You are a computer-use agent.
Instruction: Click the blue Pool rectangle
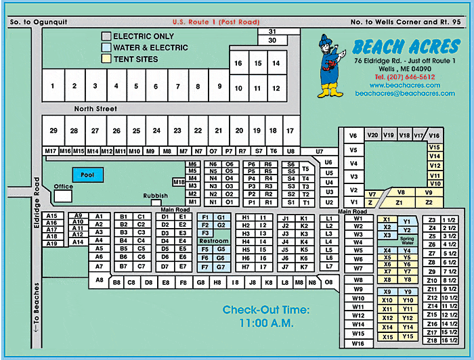[x=88, y=175]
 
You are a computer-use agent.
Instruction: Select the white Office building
[x=63, y=195]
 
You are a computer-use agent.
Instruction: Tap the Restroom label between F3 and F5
[x=213, y=241]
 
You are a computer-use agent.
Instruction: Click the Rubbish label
[x=155, y=196]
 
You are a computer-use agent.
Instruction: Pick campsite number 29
[x=53, y=131]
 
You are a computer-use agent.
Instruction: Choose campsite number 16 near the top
[x=238, y=63]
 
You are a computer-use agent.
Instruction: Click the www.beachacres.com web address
[x=405, y=85]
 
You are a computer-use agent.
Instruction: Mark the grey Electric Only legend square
[x=106, y=36]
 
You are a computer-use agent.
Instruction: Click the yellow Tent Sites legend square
[x=106, y=59]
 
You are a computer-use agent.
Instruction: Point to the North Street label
[x=95, y=109]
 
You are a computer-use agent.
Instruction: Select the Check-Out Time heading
[x=265, y=310]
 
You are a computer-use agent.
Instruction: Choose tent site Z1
[x=400, y=202]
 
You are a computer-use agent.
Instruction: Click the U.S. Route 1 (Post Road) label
[x=216, y=22]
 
